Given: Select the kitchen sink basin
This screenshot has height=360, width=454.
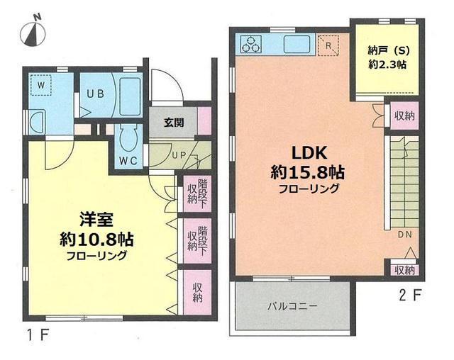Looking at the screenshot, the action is pos(297,44).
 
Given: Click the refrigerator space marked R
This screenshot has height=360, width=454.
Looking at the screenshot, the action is pos(328,45).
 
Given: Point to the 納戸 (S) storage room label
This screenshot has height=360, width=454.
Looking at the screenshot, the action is pos(389,51).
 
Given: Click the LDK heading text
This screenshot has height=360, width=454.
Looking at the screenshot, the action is pos(309,153).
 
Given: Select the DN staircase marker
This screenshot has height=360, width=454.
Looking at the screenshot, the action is pos(404,235).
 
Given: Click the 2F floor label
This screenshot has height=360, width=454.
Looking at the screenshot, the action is pos(409,296).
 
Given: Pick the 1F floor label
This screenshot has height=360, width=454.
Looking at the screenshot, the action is pos(38,335).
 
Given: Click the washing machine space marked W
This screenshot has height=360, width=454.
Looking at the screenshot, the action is pos(41,85).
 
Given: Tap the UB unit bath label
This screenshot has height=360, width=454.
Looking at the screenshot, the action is pos(96,94).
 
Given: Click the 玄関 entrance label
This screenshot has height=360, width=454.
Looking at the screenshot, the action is pos(174,123).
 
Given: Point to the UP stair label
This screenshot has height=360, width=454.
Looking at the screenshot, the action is pos(179,155).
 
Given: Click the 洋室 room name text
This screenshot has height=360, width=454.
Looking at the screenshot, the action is pos(96,220).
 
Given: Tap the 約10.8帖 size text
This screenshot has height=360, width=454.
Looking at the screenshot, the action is pos(96,240).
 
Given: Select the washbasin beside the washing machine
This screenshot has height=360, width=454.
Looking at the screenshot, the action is pos(38,123).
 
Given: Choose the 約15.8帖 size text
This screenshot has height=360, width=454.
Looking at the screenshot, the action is pos(307,173).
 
